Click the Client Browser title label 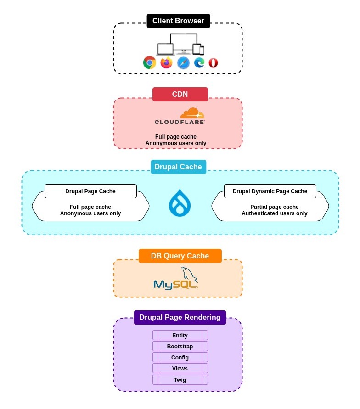click(178, 21)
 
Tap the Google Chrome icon click(150, 62)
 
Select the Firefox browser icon click(166, 62)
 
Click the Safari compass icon click(183, 62)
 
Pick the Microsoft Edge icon click(199, 62)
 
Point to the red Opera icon click(213, 63)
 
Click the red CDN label click(180, 94)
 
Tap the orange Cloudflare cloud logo click(192, 113)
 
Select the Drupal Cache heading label click(178, 167)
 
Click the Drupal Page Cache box click(90, 191)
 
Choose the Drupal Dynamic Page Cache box click(270, 191)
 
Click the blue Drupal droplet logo click(180, 202)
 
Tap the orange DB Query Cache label click(180, 256)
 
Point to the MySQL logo click(176, 279)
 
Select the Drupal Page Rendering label click(180, 317)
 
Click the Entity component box click(180, 335)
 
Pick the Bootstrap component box click(180, 346)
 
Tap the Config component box click(180, 357)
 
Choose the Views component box click(180, 368)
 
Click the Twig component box click(180, 380)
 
